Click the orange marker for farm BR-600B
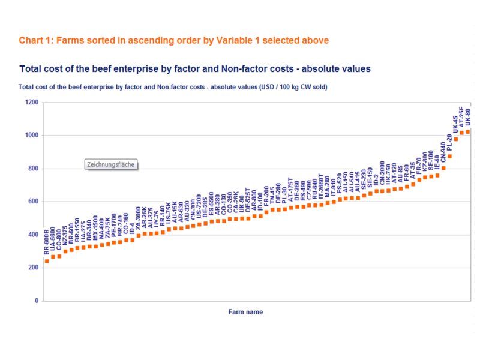click(x=47, y=261)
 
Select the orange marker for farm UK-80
click(x=468, y=131)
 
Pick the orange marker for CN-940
click(x=443, y=168)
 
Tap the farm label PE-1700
click(x=114, y=229)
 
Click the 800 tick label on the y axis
click(x=33, y=169)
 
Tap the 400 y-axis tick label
click(x=33, y=235)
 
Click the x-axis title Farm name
click(x=245, y=312)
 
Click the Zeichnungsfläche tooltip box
click(x=110, y=164)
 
